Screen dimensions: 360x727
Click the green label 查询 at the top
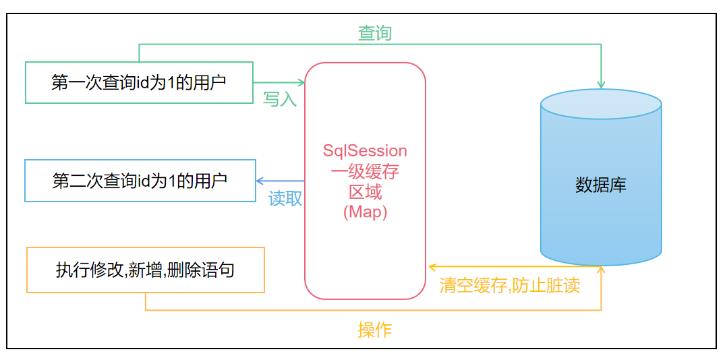click(x=374, y=33)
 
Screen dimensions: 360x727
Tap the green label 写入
click(x=280, y=99)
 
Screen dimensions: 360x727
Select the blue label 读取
click(x=285, y=198)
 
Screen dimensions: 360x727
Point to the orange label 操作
click(x=374, y=330)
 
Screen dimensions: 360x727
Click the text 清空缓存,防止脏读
click(x=509, y=285)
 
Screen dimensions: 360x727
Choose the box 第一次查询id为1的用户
click(x=139, y=83)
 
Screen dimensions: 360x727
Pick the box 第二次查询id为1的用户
click(x=140, y=181)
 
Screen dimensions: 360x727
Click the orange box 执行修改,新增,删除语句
click(x=145, y=270)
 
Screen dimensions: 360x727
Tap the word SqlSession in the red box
click(x=365, y=151)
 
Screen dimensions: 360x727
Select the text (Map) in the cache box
click(x=365, y=212)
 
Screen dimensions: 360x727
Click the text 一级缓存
click(x=365, y=171)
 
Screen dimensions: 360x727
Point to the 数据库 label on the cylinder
click(x=601, y=185)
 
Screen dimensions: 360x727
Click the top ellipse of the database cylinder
click(x=601, y=104)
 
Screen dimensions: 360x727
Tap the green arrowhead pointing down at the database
click(x=601, y=84)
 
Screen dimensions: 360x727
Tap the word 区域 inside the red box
click(x=365, y=191)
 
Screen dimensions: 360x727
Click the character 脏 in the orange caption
click(x=549, y=285)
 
